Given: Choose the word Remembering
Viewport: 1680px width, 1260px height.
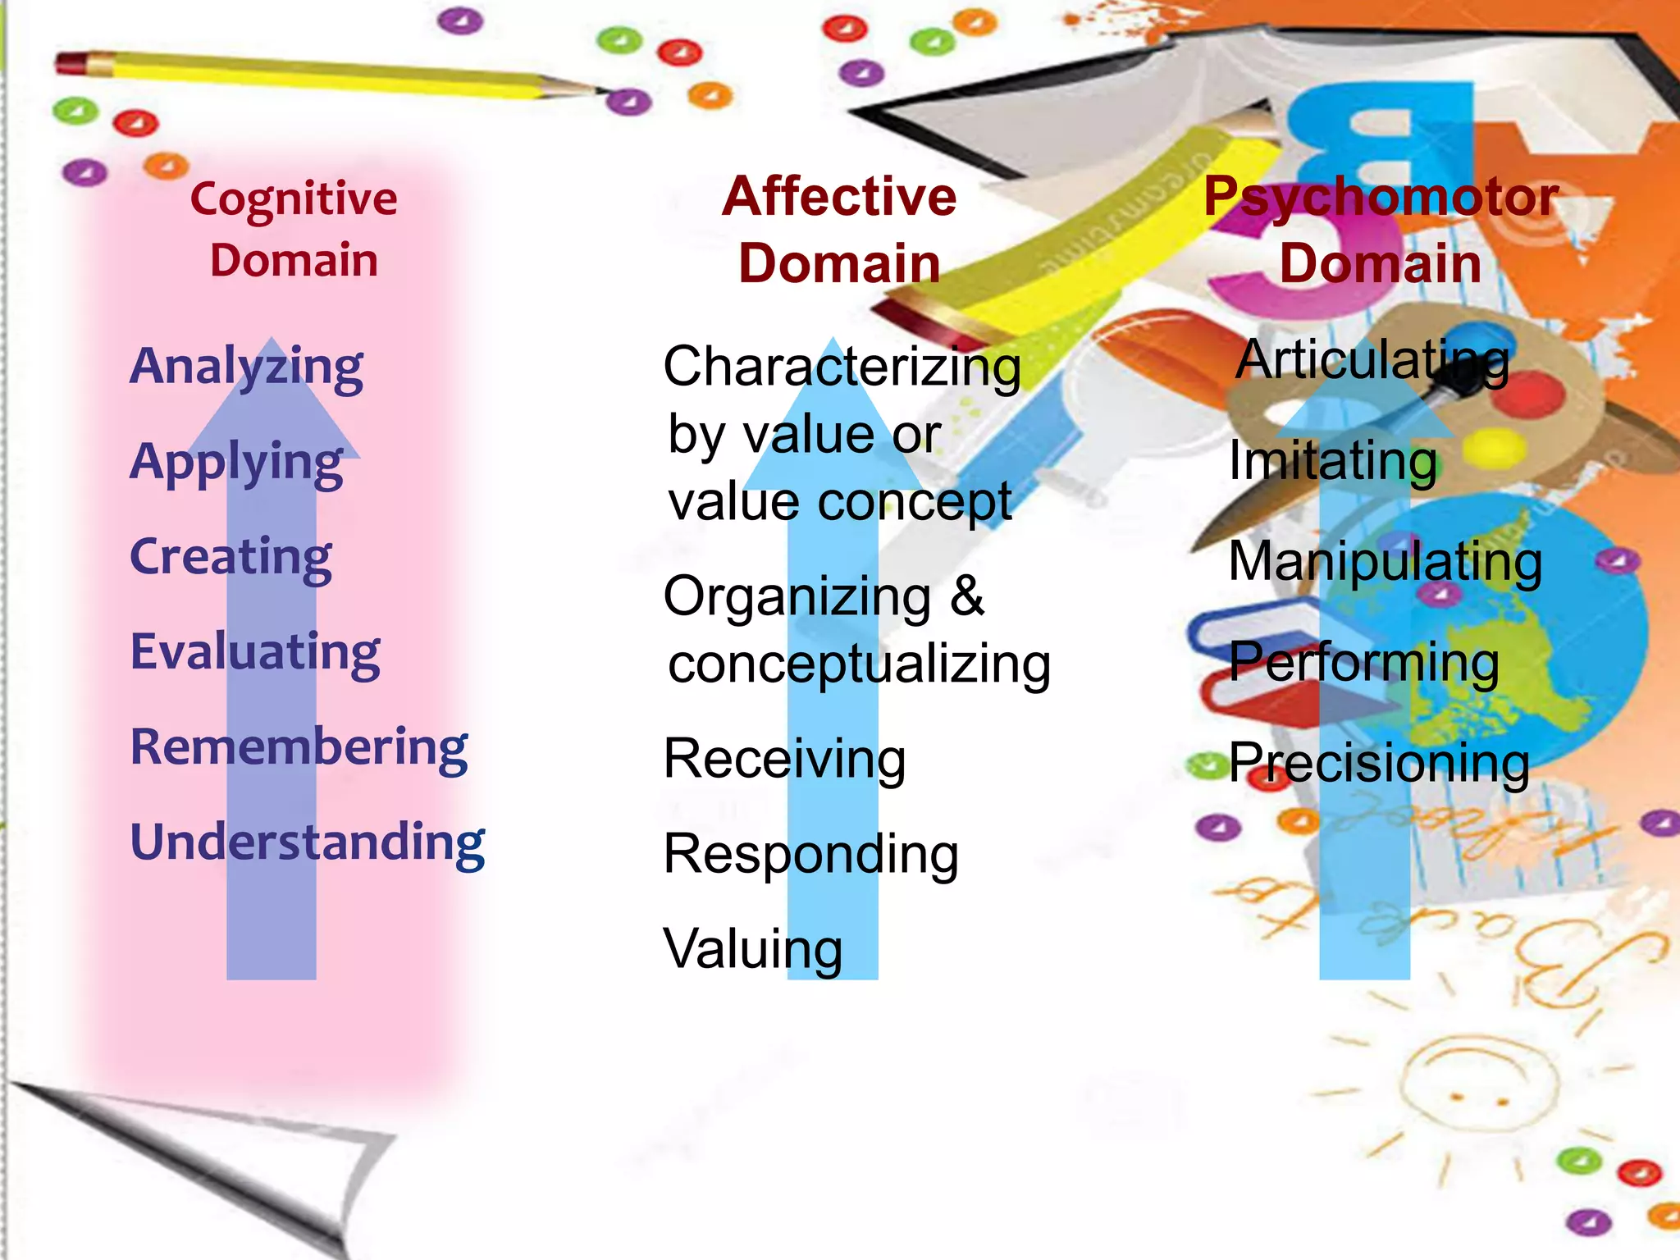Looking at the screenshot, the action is (x=299, y=748).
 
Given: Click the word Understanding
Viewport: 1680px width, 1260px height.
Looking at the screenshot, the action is (x=308, y=843).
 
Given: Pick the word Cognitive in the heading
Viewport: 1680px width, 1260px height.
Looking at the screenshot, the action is (x=294, y=200).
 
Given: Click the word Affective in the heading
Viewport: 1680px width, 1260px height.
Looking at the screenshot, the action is (x=839, y=197).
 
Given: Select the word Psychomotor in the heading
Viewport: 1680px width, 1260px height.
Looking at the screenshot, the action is (x=1381, y=198).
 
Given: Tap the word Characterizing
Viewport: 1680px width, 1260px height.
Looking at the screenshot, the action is (x=842, y=367).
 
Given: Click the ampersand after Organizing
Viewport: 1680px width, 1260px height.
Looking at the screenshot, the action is (x=968, y=596).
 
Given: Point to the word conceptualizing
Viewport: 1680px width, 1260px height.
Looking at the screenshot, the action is (x=859, y=665).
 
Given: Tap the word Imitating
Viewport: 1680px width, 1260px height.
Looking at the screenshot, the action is (x=1333, y=462).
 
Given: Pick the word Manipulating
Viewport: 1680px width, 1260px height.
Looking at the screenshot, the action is (x=1386, y=563).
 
